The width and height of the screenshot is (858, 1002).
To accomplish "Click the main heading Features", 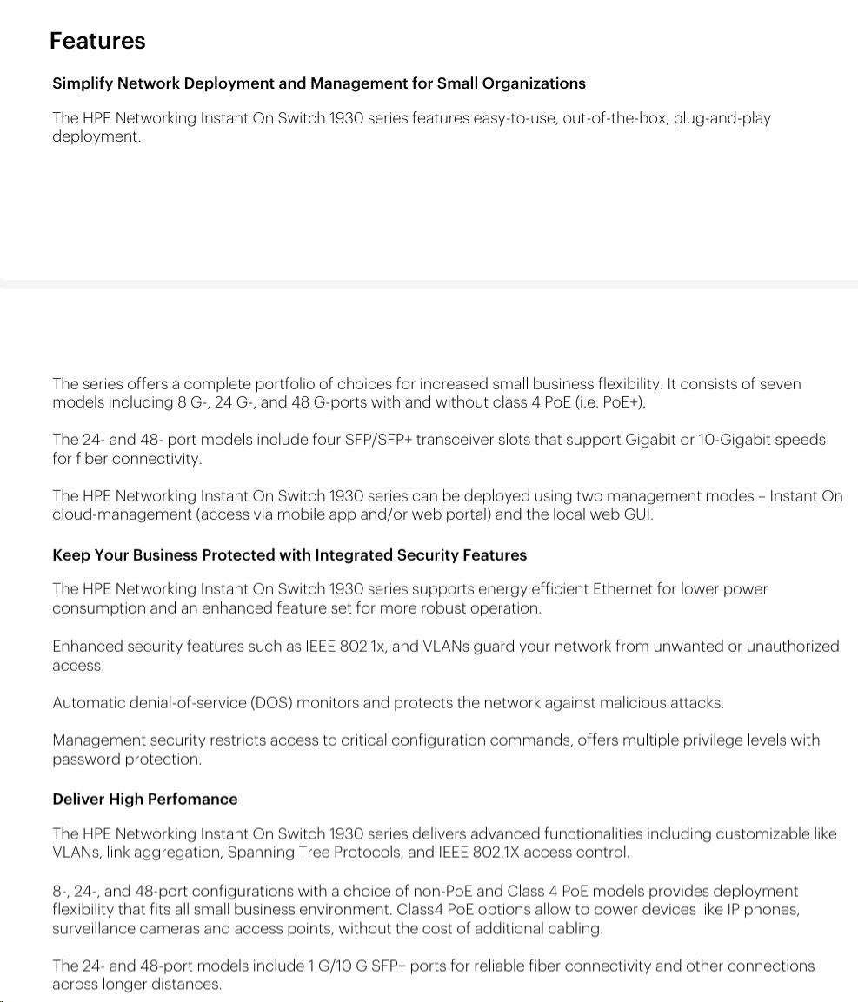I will coord(97,41).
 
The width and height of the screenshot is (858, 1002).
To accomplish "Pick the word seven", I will coord(780,384).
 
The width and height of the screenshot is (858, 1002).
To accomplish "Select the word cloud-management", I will coord(122,514).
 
